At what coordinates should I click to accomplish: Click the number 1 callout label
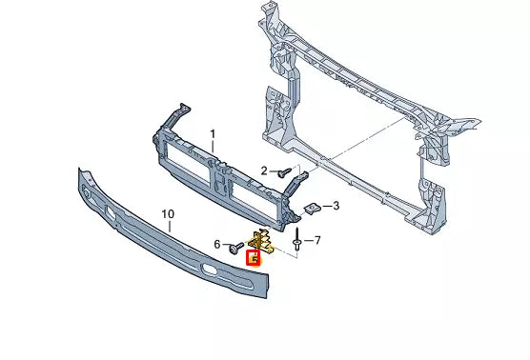[x=214, y=134]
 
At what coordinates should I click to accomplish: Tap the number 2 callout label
[x=265, y=170]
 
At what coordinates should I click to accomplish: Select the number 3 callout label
[x=336, y=205]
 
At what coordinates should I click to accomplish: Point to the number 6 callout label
[x=217, y=245]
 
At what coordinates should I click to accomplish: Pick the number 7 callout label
[x=317, y=241]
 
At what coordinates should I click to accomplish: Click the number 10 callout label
[x=168, y=214]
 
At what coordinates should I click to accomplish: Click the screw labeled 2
[x=283, y=173]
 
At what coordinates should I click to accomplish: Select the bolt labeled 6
[x=234, y=247]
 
